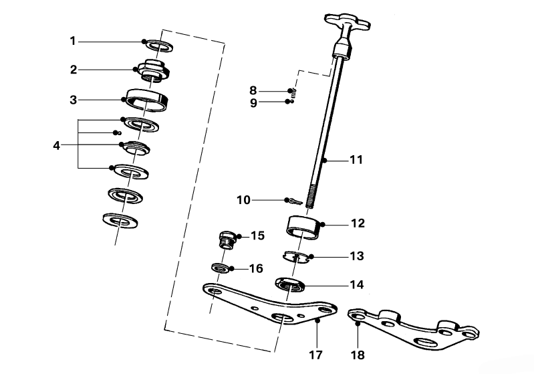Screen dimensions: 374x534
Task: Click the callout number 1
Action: [73, 41]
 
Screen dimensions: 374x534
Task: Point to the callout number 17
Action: [315, 353]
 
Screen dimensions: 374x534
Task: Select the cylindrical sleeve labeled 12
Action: [303, 228]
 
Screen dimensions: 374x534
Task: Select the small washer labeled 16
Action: [221, 268]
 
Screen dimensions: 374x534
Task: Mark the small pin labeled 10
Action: [294, 200]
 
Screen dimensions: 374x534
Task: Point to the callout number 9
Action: [253, 102]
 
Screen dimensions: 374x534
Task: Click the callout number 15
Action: [257, 236]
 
